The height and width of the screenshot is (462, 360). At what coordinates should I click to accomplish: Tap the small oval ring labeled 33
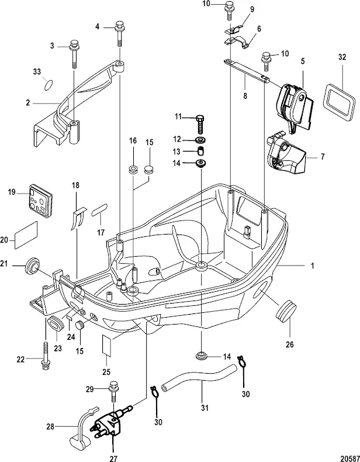tap(50, 85)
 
